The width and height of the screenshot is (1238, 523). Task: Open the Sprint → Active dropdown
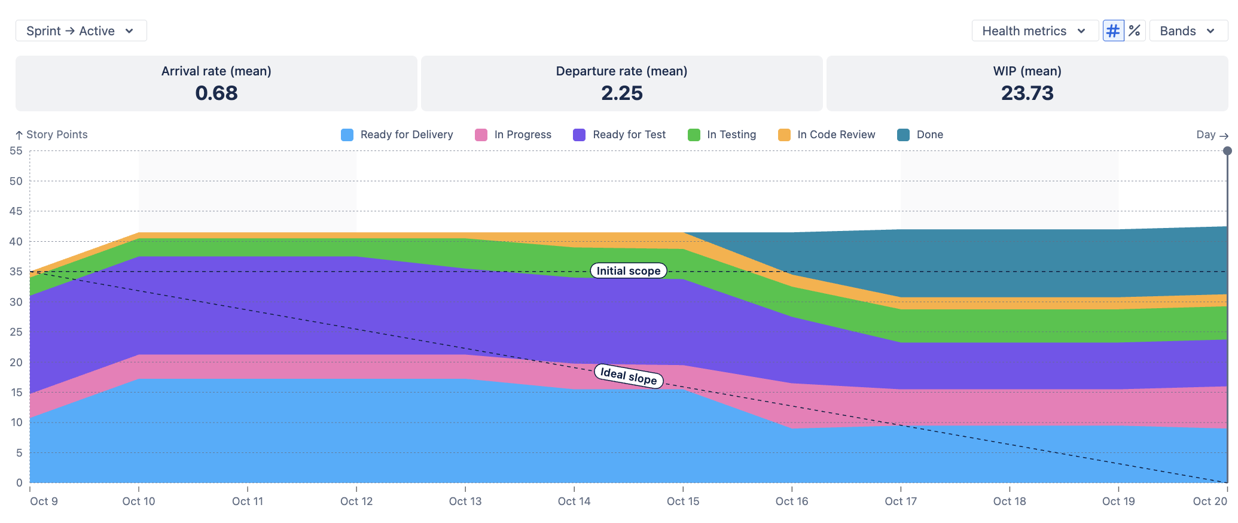(81, 31)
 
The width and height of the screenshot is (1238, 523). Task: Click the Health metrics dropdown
(1035, 31)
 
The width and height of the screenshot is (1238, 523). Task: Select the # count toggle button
(1113, 31)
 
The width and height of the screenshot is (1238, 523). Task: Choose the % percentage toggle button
(1135, 31)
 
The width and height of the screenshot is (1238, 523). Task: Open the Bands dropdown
(1188, 31)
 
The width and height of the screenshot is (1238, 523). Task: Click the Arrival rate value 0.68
(217, 93)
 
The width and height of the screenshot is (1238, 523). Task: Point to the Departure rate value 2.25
(622, 93)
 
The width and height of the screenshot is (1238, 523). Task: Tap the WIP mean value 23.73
(1027, 93)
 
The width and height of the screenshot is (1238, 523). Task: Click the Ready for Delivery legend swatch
(347, 135)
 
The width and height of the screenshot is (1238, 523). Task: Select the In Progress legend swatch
(481, 135)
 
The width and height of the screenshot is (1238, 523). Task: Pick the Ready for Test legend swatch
(579, 135)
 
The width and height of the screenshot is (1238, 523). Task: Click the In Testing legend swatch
(694, 135)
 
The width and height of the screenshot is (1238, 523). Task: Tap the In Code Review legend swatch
(784, 135)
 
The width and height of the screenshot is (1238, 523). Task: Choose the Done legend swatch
(903, 135)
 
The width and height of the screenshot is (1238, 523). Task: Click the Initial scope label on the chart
(629, 271)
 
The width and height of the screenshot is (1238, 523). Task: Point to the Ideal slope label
(629, 376)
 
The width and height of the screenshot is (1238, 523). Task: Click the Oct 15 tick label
(683, 501)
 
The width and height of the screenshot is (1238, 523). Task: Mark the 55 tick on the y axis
(16, 151)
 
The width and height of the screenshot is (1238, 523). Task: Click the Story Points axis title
(57, 135)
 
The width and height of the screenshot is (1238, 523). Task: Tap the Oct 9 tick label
(44, 501)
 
